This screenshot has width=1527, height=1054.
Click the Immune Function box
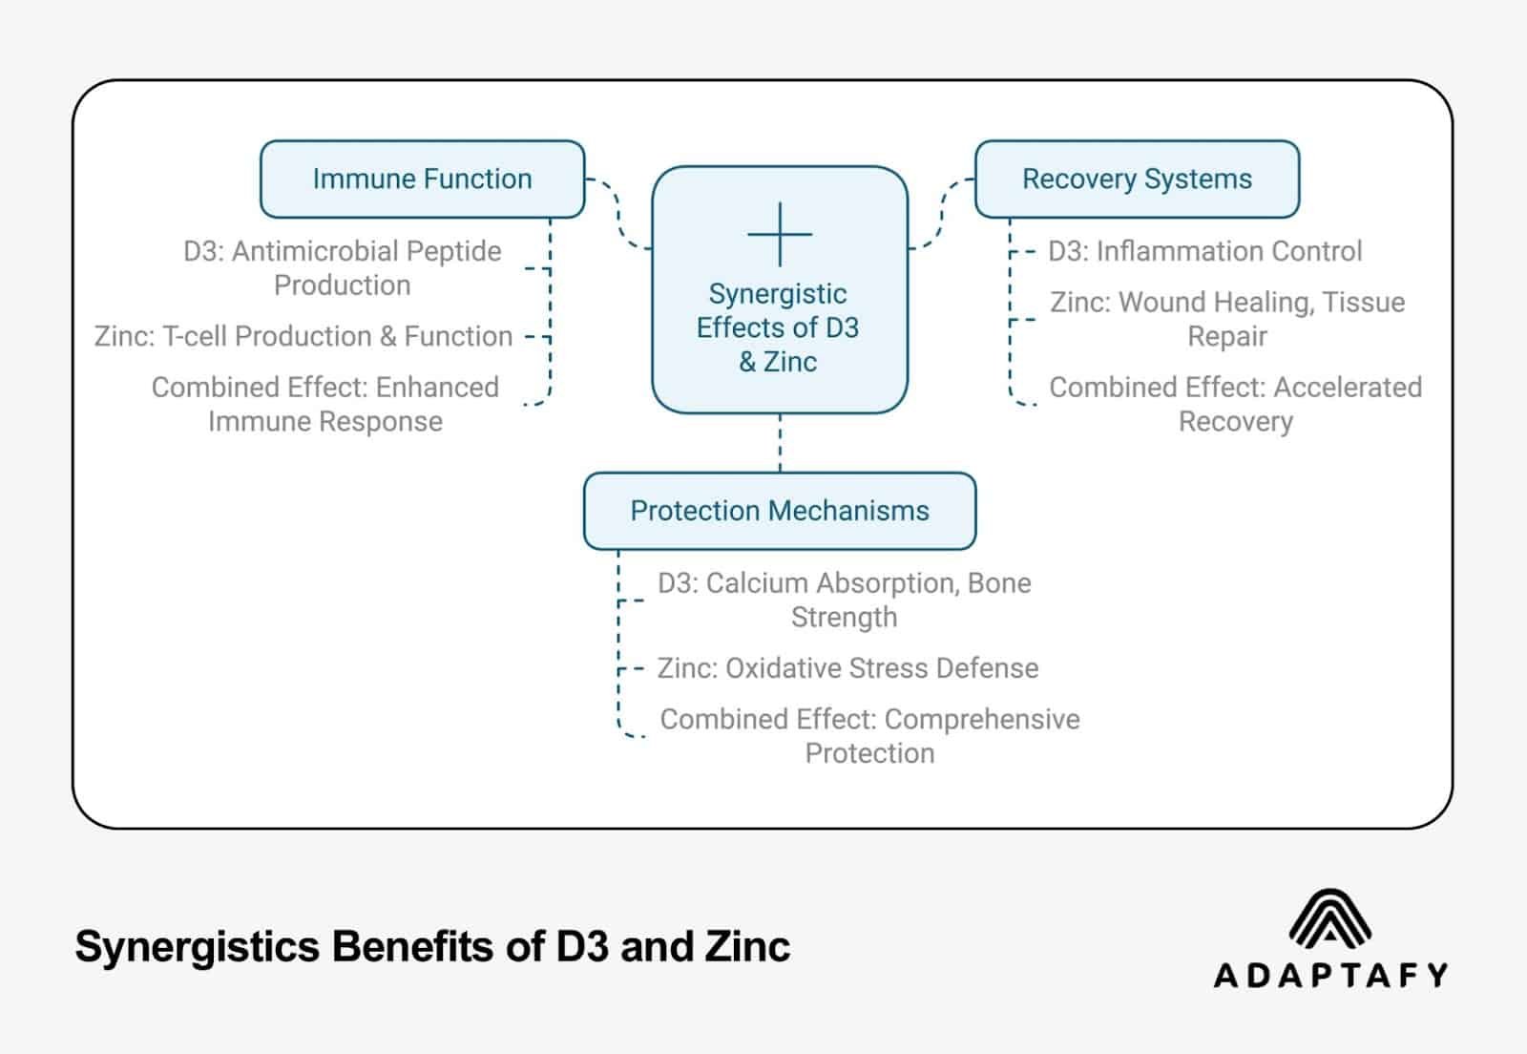(422, 179)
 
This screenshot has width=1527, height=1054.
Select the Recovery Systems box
(1137, 179)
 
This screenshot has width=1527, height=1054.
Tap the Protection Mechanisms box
(779, 511)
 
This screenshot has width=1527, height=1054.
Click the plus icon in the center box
(780, 234)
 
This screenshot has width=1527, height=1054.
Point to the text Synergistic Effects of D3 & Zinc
(778, 327)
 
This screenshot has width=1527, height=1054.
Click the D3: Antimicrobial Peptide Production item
(342, 268)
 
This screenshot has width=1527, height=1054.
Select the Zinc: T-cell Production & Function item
(303, 336)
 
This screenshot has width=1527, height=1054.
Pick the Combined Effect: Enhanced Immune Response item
(325, 404)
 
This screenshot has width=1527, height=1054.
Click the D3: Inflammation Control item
(1204, 251)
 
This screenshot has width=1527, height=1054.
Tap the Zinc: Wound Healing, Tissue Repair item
(1227, 319)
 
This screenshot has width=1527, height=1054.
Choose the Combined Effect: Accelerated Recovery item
(1235, 404)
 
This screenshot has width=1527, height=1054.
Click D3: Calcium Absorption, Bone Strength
(844, 600)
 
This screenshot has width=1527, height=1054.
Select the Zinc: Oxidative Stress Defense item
(847, 668)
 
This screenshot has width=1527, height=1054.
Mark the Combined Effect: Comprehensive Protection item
(869, 735)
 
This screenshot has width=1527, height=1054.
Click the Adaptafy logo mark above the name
(1329, 920)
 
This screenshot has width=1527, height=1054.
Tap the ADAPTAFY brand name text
(1330, 975)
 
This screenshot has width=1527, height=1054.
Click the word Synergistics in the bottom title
(196, 947)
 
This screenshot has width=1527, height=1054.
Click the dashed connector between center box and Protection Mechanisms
(780, 443)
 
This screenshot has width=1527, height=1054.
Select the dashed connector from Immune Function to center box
(617, 213)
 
